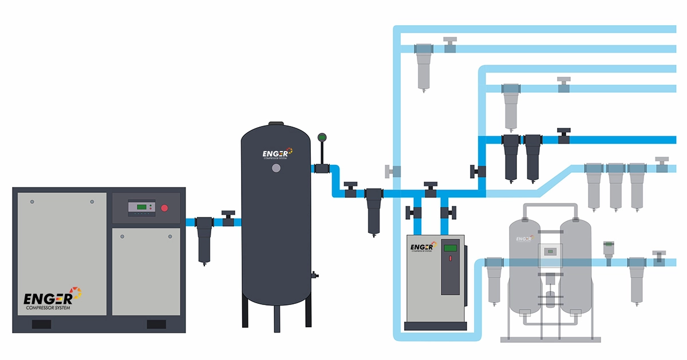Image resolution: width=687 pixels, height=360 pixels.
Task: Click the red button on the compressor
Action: click(165, 208)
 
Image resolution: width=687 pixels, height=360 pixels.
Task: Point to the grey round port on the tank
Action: click(277, 168)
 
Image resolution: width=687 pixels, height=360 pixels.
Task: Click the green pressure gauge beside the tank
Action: click(322, 138)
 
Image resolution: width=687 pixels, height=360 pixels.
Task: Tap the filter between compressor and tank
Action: click(204, 238)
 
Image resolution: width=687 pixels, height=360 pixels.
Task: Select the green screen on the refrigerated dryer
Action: click(451, 248)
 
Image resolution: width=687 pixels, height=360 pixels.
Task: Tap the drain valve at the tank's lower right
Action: click(314, 275)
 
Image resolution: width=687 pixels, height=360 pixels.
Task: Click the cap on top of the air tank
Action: click(276, 122)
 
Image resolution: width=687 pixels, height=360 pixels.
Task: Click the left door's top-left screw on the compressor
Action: click(32, 202)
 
